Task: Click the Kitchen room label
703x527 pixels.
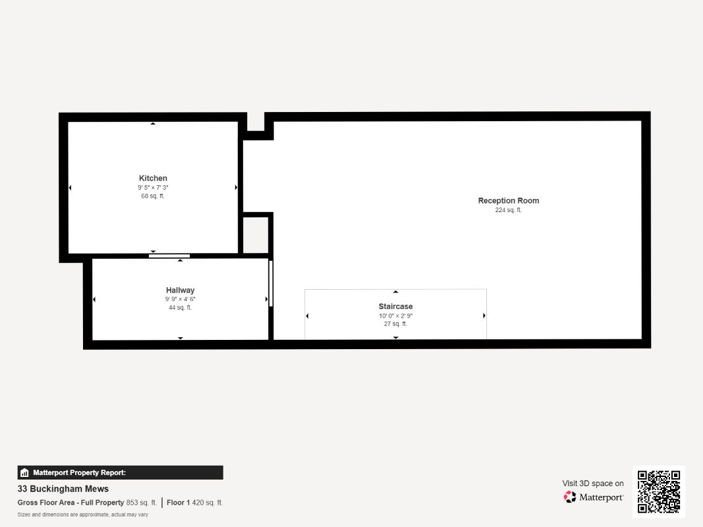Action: point(153,179)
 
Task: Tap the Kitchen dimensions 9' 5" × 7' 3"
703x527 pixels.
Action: point(153,188)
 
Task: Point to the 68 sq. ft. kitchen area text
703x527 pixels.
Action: point(153,196)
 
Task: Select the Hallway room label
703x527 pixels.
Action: point(180,291)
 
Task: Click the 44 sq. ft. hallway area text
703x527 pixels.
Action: point(180,308)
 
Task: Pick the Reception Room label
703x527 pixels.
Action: point(508,201)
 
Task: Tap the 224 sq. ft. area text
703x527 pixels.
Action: point(508,210)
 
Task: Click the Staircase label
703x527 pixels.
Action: point(395,307)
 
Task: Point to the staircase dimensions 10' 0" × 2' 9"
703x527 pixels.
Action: point(395,316)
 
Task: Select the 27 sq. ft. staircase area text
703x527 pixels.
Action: point(395,324)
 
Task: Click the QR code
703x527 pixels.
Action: point(659,491)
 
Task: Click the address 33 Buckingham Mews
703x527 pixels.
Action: point(63,489)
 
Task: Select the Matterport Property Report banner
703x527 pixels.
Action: point(120,472)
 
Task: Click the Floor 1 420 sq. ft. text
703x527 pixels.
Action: point(194,503)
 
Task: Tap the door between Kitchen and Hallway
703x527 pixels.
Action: point(169,256)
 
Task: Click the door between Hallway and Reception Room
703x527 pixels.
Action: point(270,283)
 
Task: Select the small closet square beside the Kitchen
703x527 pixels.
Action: point(256,235)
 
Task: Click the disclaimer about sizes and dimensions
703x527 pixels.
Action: point(83,514)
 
